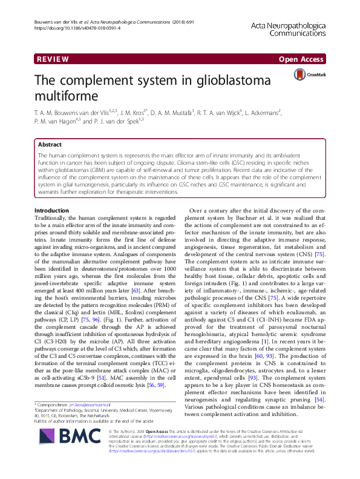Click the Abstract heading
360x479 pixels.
pyautogui.click(x=50, y=145)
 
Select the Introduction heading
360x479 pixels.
pyautogui.click(x=53, y=210)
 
